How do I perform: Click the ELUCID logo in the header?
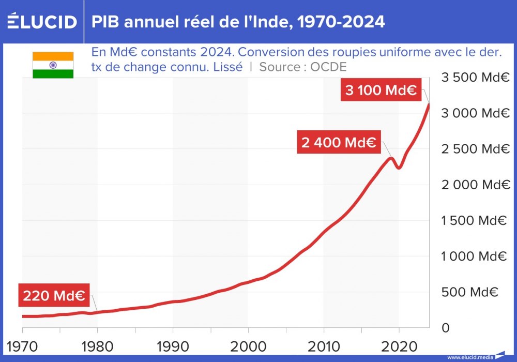[x=42, y=22]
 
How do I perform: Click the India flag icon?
[x=53, y=65]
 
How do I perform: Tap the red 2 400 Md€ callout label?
[x=339, y=143]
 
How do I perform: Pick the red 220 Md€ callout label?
[x=54, y=296]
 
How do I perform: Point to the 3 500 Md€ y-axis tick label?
[x=475, y=78]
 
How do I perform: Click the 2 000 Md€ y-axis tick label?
[x=475, y=185]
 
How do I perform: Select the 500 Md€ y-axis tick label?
[x=469, y=292]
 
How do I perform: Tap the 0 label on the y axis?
[x=445, y=328]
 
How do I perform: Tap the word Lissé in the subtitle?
[x=227, y=67]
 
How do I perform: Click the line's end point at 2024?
[x=429, y=104]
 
